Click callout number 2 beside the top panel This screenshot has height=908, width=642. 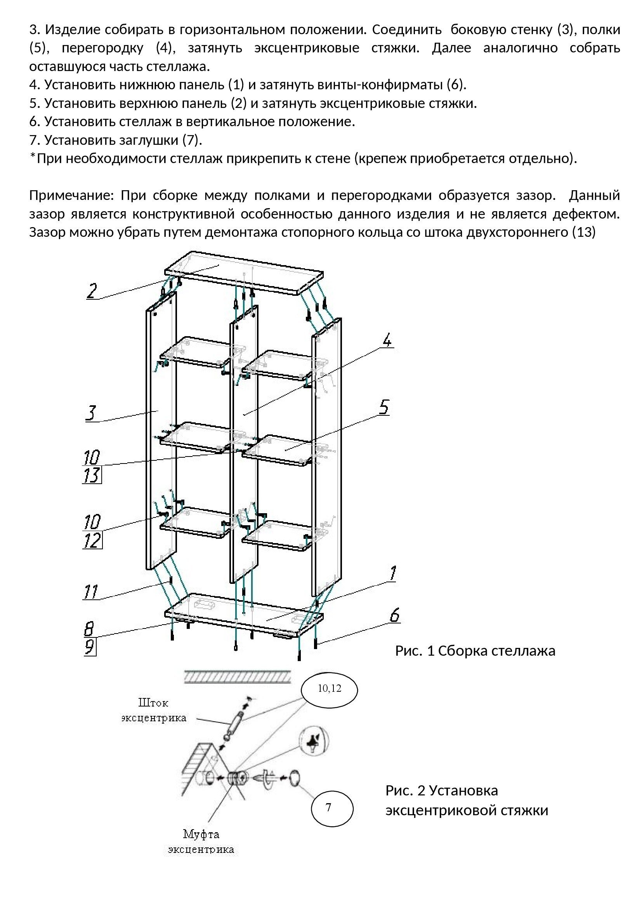click(92, 291)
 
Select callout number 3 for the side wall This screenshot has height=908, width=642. click(91, 413)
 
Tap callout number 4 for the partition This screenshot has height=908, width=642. click(387, 340)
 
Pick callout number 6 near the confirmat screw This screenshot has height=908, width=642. click(394, 615)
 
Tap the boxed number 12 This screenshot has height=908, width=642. click(92, 540)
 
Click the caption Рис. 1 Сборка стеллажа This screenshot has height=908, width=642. click(475, 651)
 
